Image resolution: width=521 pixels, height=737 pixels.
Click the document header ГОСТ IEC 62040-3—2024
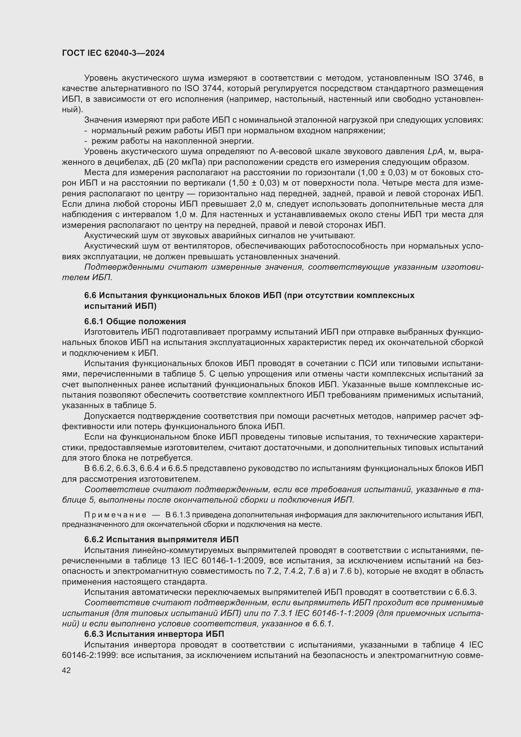click(113, 53)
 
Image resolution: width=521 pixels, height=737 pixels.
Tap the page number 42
click(66, 670)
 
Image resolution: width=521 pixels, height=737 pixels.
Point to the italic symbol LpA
click(435, 152)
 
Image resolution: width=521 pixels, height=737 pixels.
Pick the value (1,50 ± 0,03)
click(254, 183)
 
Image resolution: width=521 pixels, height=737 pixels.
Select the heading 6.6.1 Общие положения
click(135, 321)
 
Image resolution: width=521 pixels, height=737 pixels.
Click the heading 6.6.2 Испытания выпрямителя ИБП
click(161, 539)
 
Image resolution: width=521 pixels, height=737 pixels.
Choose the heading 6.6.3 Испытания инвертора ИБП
click(154, 634)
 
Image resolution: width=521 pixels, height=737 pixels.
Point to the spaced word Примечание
click(115, 515)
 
